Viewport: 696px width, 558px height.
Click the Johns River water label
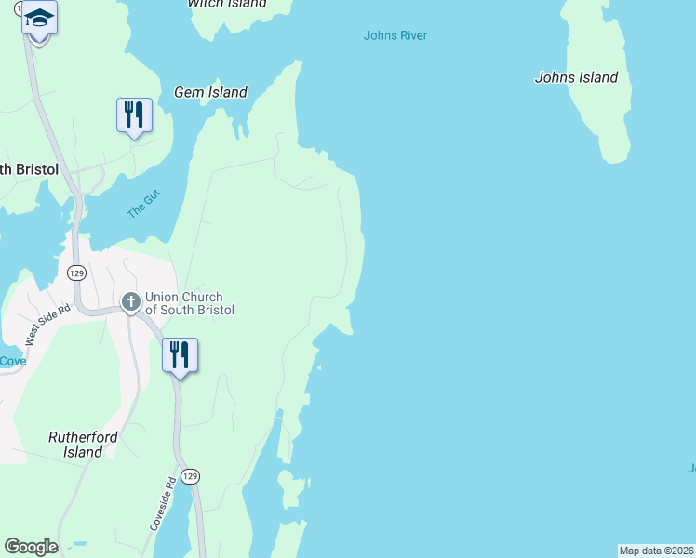(395, 36)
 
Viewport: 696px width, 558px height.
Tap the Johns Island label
(576, 78)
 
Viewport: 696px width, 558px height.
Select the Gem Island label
(210, 92)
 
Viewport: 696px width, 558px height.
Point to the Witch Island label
(226, 4)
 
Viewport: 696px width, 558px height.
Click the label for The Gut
(143, 204)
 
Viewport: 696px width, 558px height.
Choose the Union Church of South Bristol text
(189, 303)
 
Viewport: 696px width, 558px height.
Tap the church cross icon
(131, 301)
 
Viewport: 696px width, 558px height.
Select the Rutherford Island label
(75, 444)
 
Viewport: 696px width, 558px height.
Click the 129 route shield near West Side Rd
(75, 272)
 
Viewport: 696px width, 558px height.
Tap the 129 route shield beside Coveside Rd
(190, 475)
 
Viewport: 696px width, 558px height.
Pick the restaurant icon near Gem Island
(134, 115)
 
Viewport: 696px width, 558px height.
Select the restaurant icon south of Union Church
(180, 354)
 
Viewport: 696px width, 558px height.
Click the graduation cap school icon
(39, 18)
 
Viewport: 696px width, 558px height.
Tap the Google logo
(31, 547)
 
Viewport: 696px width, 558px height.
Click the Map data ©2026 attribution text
(656, 551)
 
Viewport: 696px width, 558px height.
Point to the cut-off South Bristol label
(29, 169)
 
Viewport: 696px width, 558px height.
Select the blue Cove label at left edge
(12, 361)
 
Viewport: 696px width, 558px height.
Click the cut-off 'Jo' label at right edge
(690, 469)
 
